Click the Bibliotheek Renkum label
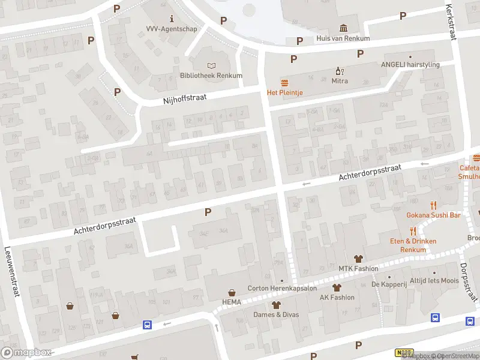(211, 76)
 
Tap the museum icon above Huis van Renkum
(343, 28)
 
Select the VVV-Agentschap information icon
(172, 18)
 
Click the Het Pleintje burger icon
(284, 82)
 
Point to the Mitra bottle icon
(339, 71)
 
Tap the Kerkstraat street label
(451, 22)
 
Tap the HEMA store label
(232, 302)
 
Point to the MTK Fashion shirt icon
(359, 258)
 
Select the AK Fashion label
(337, 297)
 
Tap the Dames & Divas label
(277, 314)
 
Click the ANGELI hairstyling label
(410, 65)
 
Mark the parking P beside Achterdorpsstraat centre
(208, 212)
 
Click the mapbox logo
(26, 352)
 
